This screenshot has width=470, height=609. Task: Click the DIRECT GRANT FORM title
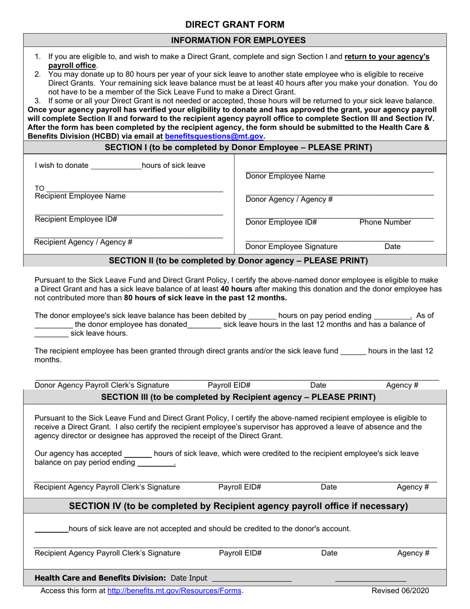[x=235, y=24]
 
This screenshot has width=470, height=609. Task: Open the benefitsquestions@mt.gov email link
[x=214, y=136]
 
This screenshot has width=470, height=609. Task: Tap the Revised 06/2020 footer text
[x=401, y=590]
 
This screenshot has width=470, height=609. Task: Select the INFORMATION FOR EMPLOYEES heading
[x=235, y=40]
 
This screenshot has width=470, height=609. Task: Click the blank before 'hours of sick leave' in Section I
[x=116, y=166]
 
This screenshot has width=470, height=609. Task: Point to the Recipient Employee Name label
[x=80, y=196]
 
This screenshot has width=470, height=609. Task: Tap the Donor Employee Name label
[x=285, y=176]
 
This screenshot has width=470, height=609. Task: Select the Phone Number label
[x=385, y=222]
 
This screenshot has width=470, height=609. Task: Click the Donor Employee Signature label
[x=292, y=247]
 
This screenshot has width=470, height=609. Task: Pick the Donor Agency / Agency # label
[x=289, y=200]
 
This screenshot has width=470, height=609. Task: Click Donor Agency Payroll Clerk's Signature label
[x=102, y=385]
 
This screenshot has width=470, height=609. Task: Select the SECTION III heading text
[x=238, y=397]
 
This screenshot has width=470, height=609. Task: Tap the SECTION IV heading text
[x=238, y=506]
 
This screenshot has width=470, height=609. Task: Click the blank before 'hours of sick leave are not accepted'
[x=51, y=529]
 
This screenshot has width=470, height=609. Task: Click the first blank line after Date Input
[x=251, y=578]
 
